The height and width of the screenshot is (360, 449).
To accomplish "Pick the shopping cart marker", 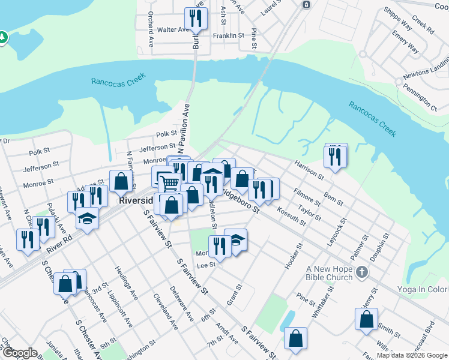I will [x=170, y=183].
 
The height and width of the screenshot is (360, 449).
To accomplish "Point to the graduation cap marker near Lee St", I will [x=236, y=240].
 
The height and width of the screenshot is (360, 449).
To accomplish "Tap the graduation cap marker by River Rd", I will [x=88, y=218].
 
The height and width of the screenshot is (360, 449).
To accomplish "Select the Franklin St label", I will [x=228, y=36].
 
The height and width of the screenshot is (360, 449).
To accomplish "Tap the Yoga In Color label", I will [x=423, y=289].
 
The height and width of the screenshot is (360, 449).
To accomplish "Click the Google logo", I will [x=19, y=353].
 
